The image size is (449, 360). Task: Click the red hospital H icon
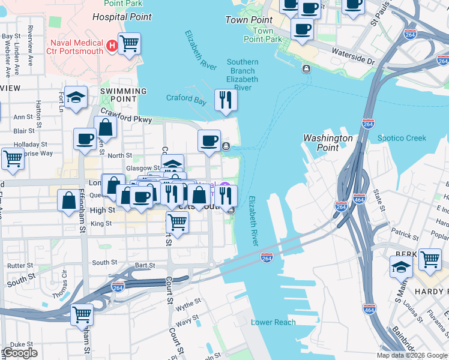pyautogui.click(x=111, y=46)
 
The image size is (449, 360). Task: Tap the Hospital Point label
pyautogui.click(x=117, y=17)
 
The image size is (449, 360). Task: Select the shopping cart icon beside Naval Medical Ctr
pyautogui.click(x=129, y=44)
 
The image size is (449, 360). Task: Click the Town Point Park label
pyautogui.click(x=263, y=35)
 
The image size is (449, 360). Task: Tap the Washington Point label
pyautogui.click(x=328, y=143)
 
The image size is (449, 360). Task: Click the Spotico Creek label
pyautogui.click(x=402, y=139)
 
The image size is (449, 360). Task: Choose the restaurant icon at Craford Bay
pyautogui.click(x=226, y=100)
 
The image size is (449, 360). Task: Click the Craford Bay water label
pyautogui.click(x=186, y=99)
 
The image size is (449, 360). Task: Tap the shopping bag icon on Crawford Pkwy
pyautogui.click(x=105, y=127)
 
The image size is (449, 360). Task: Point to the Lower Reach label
pyautogui.click(x=273, y=322)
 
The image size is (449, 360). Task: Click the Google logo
pyautogui.click(x=20, y=353)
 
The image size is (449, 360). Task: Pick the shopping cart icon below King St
pyautogui.click(x=177, y=223)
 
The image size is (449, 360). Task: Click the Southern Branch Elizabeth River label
pyautogui.click(x=243, y=75)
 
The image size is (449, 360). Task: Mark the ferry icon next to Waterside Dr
pyautogui.click(x=306, y=68)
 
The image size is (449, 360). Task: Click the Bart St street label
pyautogui.click(x=145, y=265)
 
